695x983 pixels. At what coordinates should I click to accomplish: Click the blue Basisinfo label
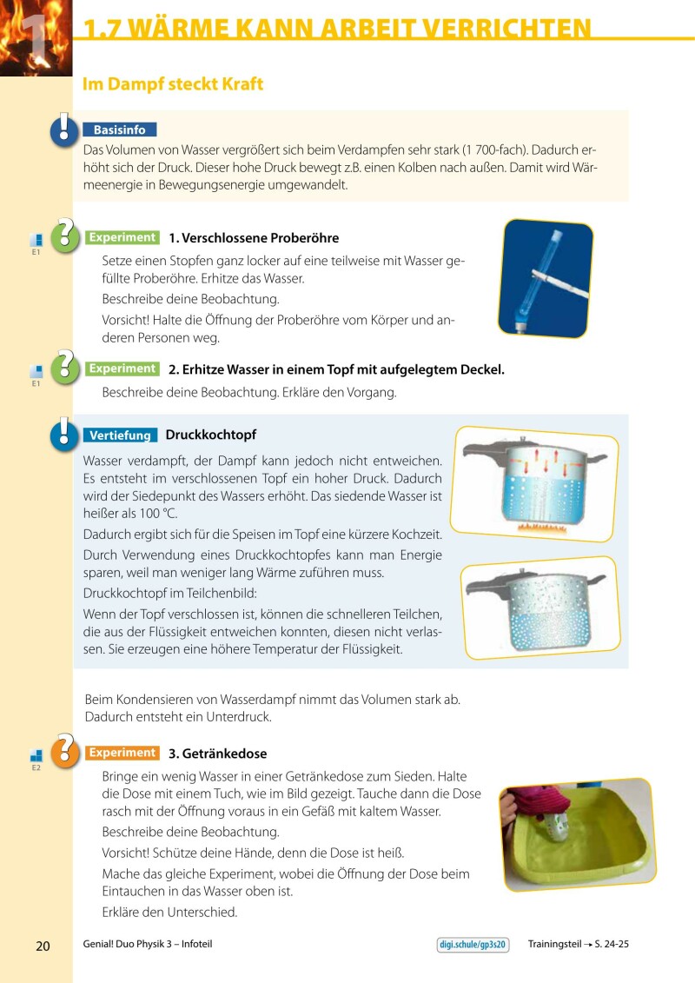coord(120,130)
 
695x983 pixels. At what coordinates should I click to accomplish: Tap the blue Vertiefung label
coord(120,435)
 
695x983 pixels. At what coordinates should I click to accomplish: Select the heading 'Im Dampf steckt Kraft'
coord(172,84)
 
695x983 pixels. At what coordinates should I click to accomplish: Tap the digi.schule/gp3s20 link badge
coord(473,945)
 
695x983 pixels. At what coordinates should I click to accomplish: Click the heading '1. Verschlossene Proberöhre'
coord(254,238)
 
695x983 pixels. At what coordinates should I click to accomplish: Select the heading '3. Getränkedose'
coord(217,754)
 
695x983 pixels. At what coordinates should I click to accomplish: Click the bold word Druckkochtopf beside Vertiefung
coord(210,435)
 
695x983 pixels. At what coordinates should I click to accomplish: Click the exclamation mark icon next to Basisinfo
coord(64,129)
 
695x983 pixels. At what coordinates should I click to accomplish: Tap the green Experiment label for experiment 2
coord(122,369)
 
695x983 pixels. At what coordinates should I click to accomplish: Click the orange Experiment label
coord(122,753)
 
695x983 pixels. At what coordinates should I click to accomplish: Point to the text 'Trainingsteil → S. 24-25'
coord(578,945)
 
